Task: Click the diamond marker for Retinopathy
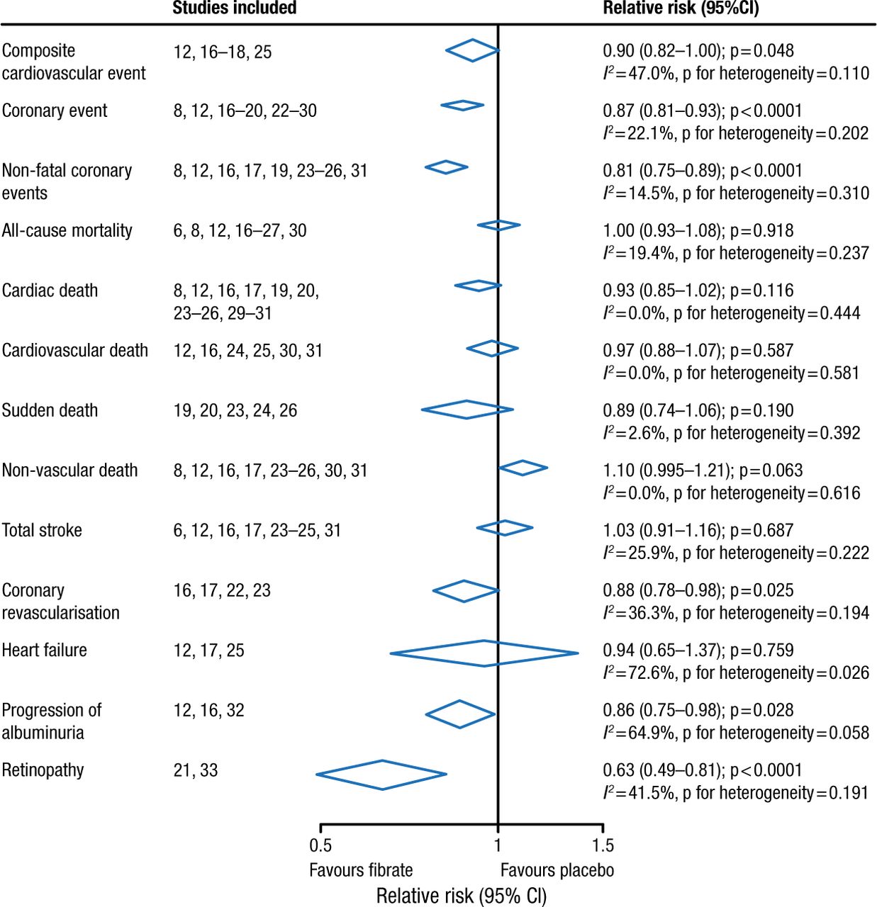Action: (x=381, y=774)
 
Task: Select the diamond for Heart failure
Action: (x=484, y=653)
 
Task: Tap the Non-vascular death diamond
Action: (x=523, y=468)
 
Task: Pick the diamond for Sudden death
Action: (x=467, y=410)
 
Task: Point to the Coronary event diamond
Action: (x=462, y=106)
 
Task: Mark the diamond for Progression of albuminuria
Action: (x=460, y=714)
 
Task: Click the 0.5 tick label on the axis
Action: (x=320, y=845)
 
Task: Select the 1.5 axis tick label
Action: (x=603, y=845)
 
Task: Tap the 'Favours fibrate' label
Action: (x=361, y=870)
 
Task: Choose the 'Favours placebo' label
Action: (x=557, y=870)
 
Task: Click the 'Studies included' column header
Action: (x=235, y=9)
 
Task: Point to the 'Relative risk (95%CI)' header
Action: (x=681, y=9)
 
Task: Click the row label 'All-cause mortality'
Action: (x=67, y=230)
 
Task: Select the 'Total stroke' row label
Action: (x=42, y=530)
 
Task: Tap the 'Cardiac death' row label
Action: (x=50, y=291)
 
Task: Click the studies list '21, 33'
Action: (x=196, y=770)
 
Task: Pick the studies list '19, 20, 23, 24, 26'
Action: (x=235, y=410)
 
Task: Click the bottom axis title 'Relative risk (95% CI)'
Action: (x=462, y=896)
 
